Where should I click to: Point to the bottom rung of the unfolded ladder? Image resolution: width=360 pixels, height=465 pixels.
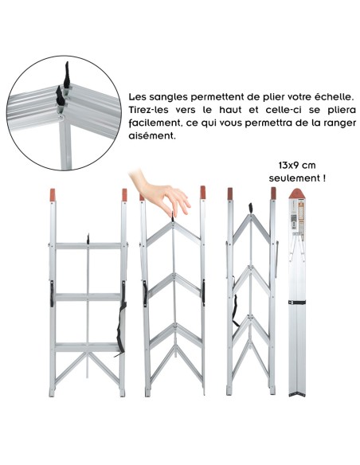(89, 347)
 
